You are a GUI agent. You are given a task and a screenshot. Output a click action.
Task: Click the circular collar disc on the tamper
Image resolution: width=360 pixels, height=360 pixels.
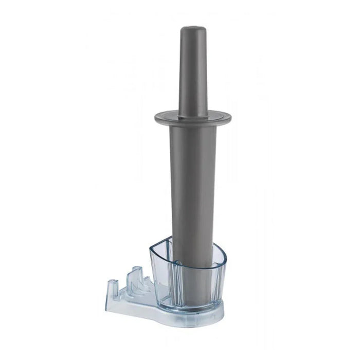193,116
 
